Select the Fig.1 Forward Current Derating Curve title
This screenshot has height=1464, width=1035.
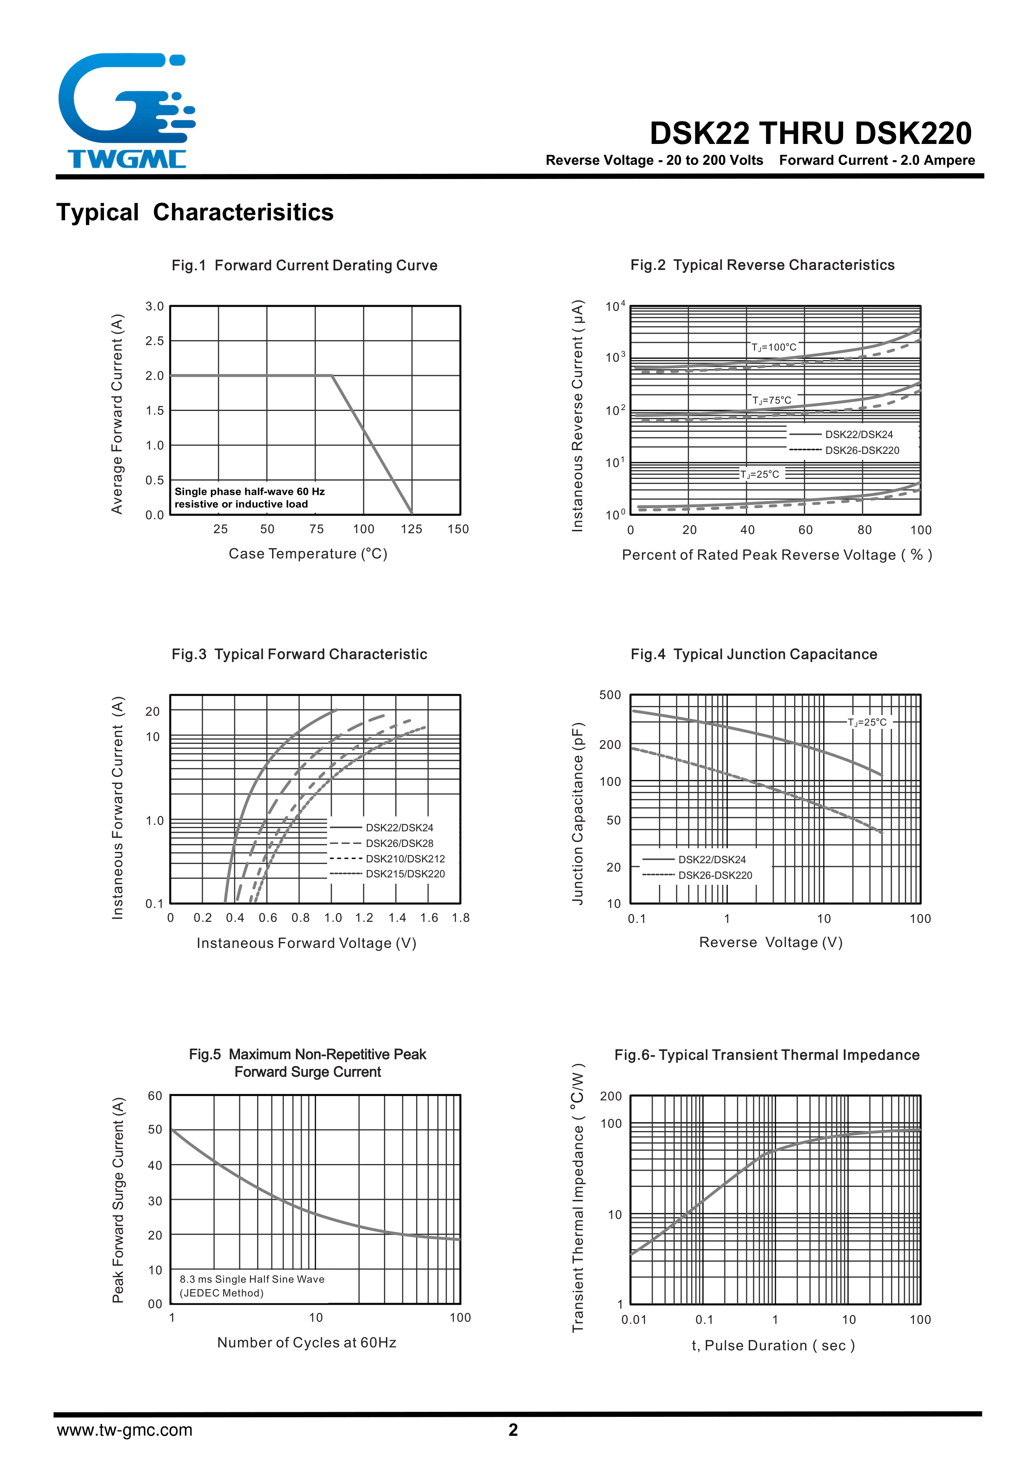click(304, 265)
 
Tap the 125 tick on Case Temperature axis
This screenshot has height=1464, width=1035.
click(411, 529)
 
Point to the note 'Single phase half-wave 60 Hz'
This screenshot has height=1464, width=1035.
click(249, 491)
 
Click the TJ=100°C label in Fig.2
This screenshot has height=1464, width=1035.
click(774, 348)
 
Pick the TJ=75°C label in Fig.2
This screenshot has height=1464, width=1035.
click(772, 401)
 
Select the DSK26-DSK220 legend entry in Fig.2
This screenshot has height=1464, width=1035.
click(861, 450)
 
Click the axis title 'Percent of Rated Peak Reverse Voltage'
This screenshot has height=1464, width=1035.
click(777, 555)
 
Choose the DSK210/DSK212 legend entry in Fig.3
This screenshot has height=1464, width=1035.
click(405, 859)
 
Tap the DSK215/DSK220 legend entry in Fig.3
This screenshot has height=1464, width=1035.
click(405, 874)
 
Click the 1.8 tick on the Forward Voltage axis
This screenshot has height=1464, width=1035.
click(460, 918)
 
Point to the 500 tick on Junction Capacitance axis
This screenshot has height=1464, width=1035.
click(610, 695)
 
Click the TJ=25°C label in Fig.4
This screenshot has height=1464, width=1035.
click(867, 723)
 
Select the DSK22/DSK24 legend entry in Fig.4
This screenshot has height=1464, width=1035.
click(712, 859)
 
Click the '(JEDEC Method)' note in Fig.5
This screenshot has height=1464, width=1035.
click(221, 1293)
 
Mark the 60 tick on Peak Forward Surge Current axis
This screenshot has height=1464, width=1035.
click(155, 1096)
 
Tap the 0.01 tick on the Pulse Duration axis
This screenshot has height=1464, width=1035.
click(634, 1320)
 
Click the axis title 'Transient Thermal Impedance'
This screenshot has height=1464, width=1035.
click(578, 1197)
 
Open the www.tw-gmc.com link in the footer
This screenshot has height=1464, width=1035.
click(125, 1430)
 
